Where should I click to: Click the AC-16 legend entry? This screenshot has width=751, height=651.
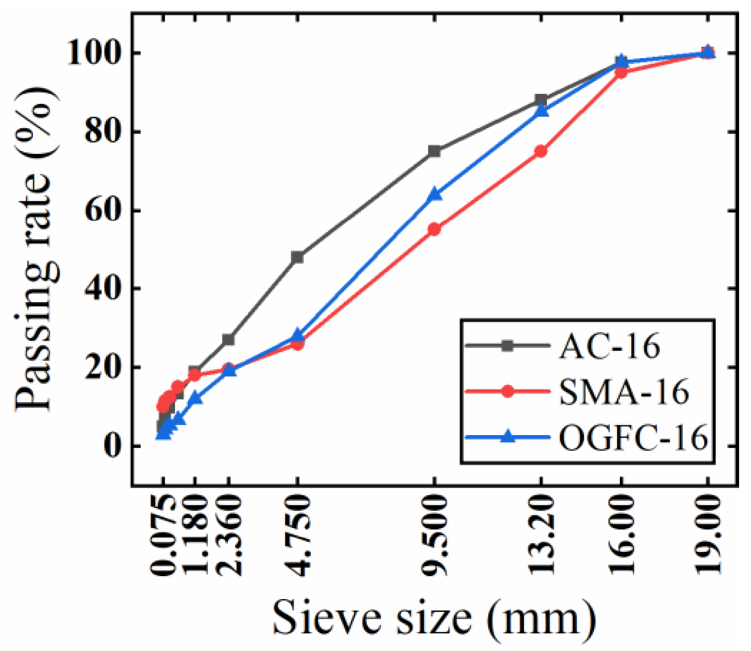coord(609,346)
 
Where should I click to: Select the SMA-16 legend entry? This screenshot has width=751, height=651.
coord(624,392)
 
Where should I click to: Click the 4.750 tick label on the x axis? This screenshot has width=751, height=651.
coord(298,535)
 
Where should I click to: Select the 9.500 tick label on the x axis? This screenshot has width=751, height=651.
coord(434,535)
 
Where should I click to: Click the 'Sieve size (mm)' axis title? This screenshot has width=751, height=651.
coord(434,618)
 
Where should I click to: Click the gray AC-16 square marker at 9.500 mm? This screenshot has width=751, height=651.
coord(434,151)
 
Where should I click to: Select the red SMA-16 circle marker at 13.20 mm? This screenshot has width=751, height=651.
coord(541,151)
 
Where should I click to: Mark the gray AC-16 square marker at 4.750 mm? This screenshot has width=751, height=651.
coord(298,257)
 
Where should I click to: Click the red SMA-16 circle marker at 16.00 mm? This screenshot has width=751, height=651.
coord(621,73)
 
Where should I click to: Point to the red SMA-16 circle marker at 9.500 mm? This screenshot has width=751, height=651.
coord(434,230)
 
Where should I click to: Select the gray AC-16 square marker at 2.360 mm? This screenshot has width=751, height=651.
coord(228,340)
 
